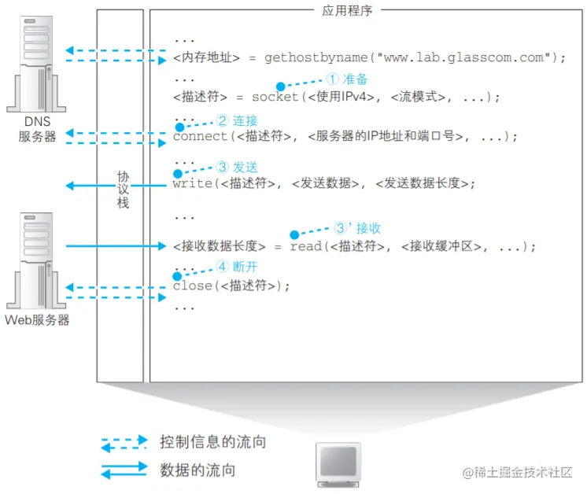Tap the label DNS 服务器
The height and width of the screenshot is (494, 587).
click(37, 129)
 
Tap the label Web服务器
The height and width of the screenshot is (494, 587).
click(37, 320)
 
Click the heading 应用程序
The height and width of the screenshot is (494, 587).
click(347, 11)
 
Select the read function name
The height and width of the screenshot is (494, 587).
click(306, 246)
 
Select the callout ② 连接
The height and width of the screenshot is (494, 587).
click(237, 120)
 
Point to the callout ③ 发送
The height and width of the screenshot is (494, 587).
click(237, 167)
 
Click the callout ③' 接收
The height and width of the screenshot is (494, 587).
click(357, 228)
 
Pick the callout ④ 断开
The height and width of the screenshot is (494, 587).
click(237, 267)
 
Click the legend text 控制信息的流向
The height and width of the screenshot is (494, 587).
click(212, 442)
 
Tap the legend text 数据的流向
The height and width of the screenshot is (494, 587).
click(198, 470)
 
